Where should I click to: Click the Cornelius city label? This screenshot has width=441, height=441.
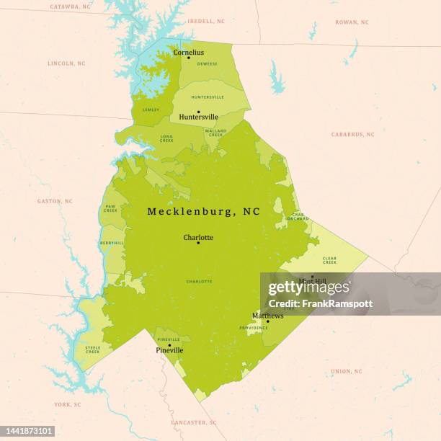188,52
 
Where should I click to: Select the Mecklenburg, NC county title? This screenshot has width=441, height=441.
203,212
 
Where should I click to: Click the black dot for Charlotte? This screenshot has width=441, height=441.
198,243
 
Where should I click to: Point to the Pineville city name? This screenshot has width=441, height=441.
169,351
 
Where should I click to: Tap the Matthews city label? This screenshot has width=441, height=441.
267,316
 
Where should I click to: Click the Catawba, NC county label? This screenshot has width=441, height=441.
70,6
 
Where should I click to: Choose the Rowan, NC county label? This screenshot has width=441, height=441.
352,22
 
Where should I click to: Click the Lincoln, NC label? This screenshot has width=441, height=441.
66,63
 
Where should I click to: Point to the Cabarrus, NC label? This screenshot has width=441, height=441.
352,135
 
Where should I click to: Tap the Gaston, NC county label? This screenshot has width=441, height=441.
55,201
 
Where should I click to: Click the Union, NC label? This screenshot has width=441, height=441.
347,372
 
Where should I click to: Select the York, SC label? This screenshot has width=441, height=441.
68,405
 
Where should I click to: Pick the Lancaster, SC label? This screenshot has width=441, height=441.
193,422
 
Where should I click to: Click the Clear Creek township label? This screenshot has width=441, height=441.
329,260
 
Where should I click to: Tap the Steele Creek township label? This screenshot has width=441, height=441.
92,350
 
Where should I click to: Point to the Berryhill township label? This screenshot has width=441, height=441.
112,244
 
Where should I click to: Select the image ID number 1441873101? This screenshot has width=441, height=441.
27,431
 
